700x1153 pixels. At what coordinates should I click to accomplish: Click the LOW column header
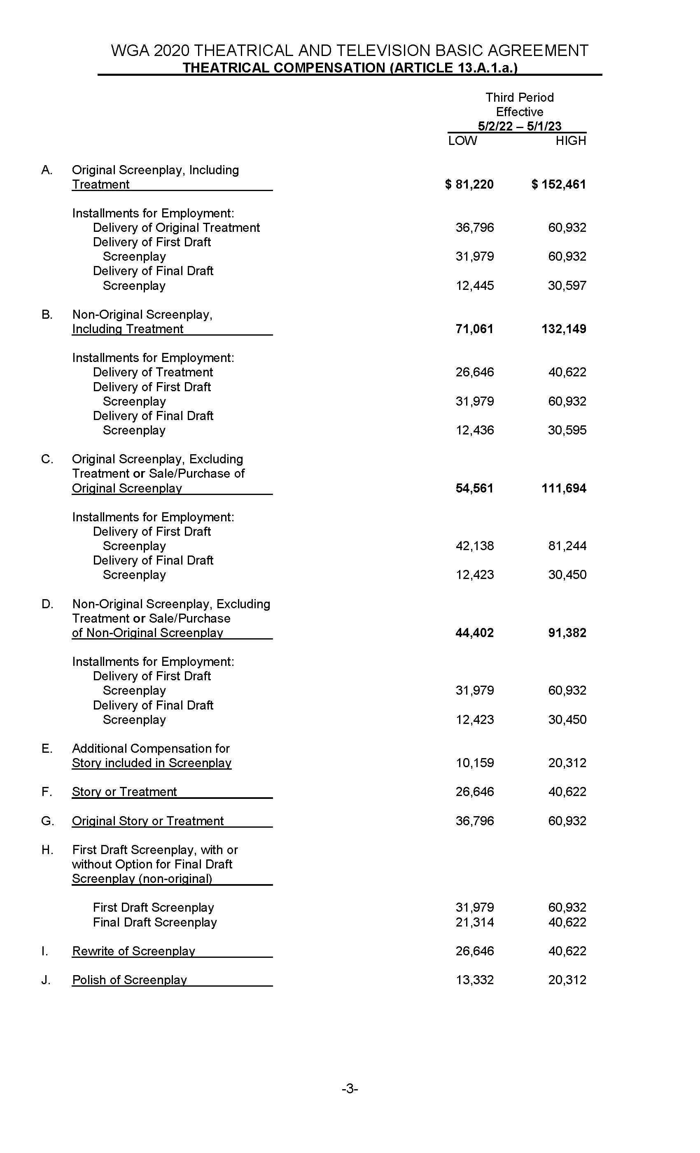tap(462, 141)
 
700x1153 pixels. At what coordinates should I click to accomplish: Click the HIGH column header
tap(570, 141)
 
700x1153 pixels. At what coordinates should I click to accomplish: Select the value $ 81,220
tap(469, 184)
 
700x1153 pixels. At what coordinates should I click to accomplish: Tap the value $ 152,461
tap(559, 184)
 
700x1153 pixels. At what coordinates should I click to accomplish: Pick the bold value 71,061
tap(474, 329)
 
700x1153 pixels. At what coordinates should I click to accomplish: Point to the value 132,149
tap(564, 329)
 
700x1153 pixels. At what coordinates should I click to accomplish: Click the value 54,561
tap(474, 488)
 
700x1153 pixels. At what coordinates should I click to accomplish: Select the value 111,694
tap(564, 488)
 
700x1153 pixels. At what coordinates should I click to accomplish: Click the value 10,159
tap(474, 763)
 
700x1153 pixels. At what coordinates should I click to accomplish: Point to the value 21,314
tap(474, 922)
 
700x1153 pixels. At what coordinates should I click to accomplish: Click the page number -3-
tap(350, 1089)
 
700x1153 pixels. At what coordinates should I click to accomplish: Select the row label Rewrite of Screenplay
tap(133, 951)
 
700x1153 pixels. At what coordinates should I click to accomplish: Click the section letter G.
tap(47, 821)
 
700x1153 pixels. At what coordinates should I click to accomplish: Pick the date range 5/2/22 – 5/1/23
tap(519, 126)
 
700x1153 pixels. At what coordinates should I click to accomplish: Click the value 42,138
tap(474, 546)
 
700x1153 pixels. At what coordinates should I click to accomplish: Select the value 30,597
tap(567, 286)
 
